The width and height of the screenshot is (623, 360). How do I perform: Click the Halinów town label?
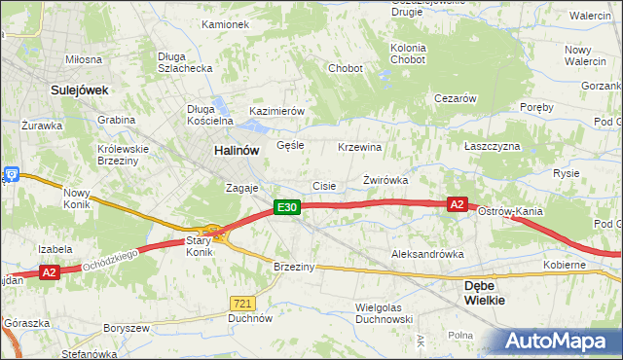pos(237,151)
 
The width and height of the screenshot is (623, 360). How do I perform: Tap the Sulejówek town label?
pos(79,90)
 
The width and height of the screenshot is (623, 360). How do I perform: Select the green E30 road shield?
pos(285,207)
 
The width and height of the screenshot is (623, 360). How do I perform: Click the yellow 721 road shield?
pos(243,304)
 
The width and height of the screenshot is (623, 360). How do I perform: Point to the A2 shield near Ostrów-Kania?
pos(458,204)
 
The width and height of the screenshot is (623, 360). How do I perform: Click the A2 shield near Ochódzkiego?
pos(51,273)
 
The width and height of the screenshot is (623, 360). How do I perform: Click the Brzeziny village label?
pos(295,268)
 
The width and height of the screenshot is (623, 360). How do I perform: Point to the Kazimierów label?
pos(277,112)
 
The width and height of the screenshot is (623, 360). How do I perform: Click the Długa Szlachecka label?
pos(185,62)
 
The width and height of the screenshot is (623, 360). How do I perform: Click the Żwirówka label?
pos(385,181)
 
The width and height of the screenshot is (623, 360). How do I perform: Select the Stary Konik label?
pos(200,245)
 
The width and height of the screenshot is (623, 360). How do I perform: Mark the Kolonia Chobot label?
pos(408,54)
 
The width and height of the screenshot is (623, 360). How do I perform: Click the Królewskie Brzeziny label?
pos(122,156)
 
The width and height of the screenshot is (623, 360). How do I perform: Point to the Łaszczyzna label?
pos(493,146)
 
